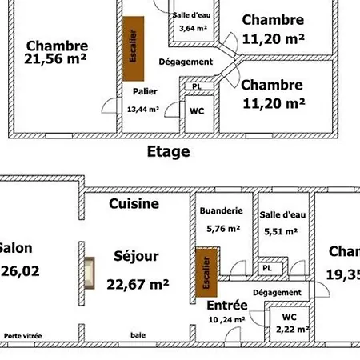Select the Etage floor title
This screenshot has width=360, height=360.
[168, 152]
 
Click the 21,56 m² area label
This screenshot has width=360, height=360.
[56, 58]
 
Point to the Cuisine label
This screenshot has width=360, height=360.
[134, 204]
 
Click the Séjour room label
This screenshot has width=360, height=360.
[136, 257]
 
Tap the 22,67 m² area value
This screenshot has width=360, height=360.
[138, 283]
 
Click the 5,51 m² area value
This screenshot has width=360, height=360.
[279, 233]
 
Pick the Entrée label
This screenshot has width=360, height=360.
[226, 306]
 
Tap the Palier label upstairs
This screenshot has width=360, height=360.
[143, 91]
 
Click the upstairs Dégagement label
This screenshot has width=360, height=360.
[186, 62]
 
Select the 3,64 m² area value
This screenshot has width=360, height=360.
[193, 29]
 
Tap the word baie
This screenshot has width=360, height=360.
[138, 335]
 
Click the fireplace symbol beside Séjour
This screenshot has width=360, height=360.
[90, 270]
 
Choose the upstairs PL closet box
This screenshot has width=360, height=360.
[197, 86]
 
